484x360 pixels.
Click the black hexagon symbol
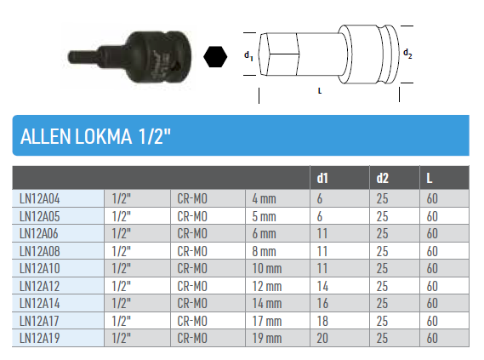(215, 56)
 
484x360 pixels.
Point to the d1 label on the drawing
(248, 56)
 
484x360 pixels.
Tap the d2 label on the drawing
(407, 54)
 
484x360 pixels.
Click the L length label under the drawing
(320, 91)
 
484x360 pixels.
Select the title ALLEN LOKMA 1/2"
(95, 136)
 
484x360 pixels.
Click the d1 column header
(322, 178)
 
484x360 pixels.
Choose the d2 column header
(382, 178)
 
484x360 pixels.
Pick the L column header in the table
(430, 178)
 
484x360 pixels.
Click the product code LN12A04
(39, 198)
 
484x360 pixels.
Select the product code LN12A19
(39, 338)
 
